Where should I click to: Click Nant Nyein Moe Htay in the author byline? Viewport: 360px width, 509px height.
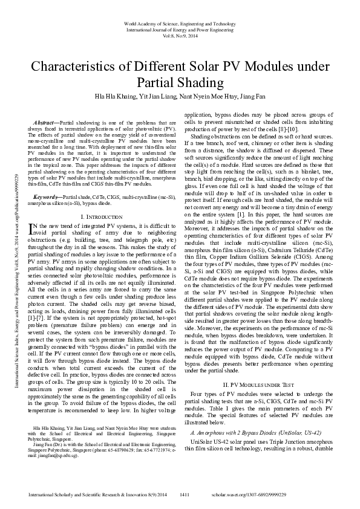tap(198, 96)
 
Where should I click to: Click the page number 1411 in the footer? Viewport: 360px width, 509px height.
tap(186, 494)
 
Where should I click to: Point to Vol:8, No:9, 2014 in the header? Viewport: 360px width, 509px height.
tap(180, 36)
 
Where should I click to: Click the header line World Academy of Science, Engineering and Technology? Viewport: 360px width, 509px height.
tap(180, 22)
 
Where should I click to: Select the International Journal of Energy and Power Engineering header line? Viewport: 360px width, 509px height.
tap(180, 29)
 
